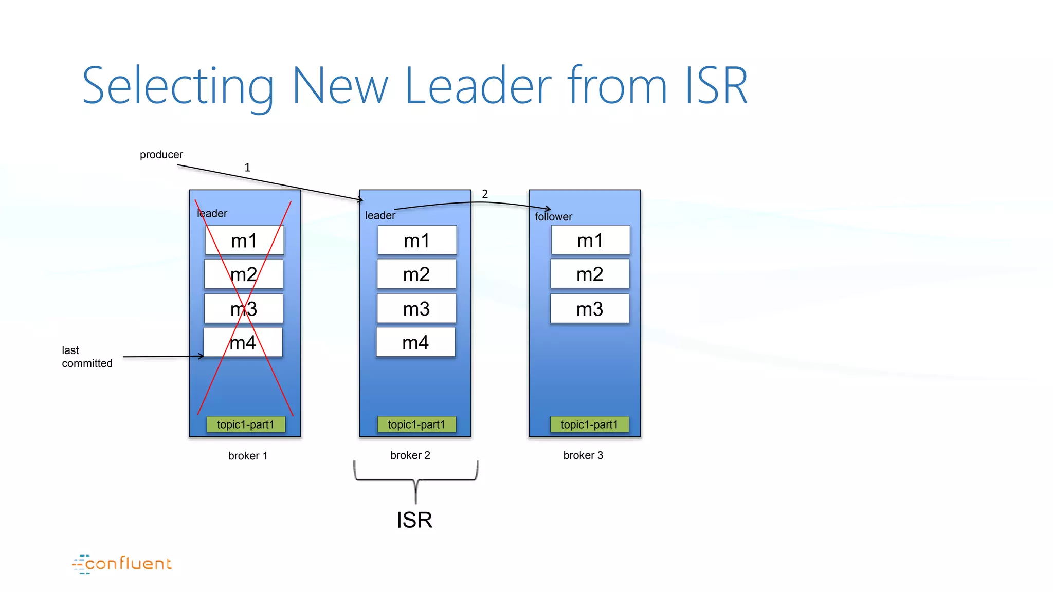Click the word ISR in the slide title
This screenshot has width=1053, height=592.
(716, 86)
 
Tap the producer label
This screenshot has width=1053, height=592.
(161, 155)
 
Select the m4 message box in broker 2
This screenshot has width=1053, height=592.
(415, 342)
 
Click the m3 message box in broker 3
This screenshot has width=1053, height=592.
(590, 309)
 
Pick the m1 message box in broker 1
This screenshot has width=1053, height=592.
(244, 240)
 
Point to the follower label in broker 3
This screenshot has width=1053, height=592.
(553, 217)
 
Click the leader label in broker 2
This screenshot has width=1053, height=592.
(380, 216)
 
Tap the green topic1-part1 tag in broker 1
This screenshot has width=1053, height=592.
(246, 424)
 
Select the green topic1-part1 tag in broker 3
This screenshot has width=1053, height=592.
(589, 424)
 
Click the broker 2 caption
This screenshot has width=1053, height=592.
(410, 455)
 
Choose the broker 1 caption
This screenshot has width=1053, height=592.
(248, 456)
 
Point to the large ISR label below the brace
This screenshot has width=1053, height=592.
(414, 520)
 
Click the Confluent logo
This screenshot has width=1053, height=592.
(122, 564)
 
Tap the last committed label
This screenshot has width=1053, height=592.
(86, 357)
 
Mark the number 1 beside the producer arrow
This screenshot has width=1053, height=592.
(247, 168)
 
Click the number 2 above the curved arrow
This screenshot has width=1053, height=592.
(485, 194)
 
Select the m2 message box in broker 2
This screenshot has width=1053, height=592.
(416, 274)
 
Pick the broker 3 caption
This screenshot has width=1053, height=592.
(583, 455)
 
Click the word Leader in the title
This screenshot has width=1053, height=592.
(478, 86)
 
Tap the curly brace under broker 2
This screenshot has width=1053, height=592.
(415, 480)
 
